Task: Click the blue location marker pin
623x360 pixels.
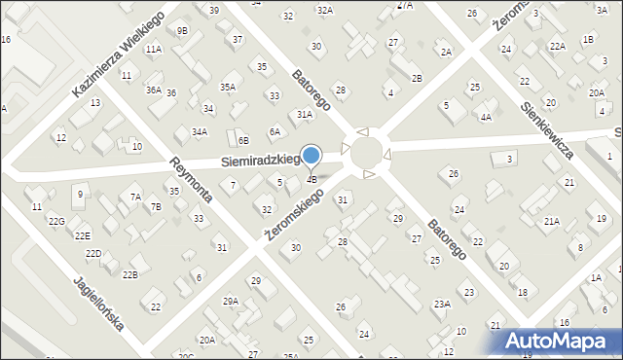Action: pos(311,156)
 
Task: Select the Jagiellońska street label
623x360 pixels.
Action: pos(98,303)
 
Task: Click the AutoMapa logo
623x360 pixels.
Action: pos(564,341)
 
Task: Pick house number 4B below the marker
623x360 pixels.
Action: pos(311,179)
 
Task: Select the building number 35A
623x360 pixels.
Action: pos(227,88)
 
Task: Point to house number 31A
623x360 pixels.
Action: pos(305,114)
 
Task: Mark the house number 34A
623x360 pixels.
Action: pos(199,131)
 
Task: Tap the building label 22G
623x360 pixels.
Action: pos(56,222)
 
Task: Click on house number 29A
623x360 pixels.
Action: pos(231,302)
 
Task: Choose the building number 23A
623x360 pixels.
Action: pos(442,304)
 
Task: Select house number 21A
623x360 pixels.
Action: pos(552,221)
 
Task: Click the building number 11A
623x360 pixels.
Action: pos(153,49)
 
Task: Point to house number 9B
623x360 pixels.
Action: pos(181,30)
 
